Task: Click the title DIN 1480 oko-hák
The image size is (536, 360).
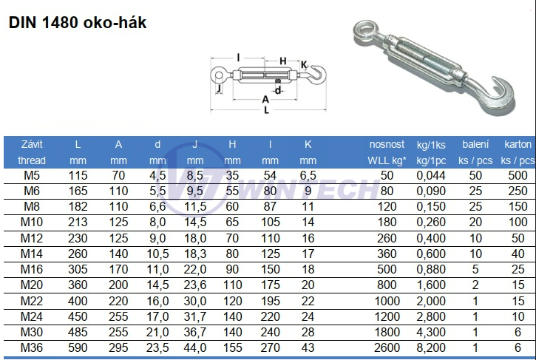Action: (x=78, y=23)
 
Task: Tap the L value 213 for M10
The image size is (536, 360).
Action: (x=78, y=223)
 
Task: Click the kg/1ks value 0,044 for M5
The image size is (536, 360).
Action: (x=430, y=175)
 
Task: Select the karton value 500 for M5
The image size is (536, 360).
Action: (x=518, y=175)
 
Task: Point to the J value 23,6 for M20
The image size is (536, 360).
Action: (x=195, y=285)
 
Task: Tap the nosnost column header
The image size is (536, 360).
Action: (x=387, y=145)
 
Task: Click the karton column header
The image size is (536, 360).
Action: (x=518, y=145)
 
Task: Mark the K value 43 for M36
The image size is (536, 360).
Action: (x=308, y=347)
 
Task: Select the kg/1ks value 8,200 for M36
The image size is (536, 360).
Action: (x=430, y=347)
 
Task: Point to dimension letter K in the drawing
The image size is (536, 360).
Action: (x=303, y=64)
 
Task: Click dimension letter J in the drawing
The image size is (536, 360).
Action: (x=219, y=87)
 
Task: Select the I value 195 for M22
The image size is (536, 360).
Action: (x=271, y=301)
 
